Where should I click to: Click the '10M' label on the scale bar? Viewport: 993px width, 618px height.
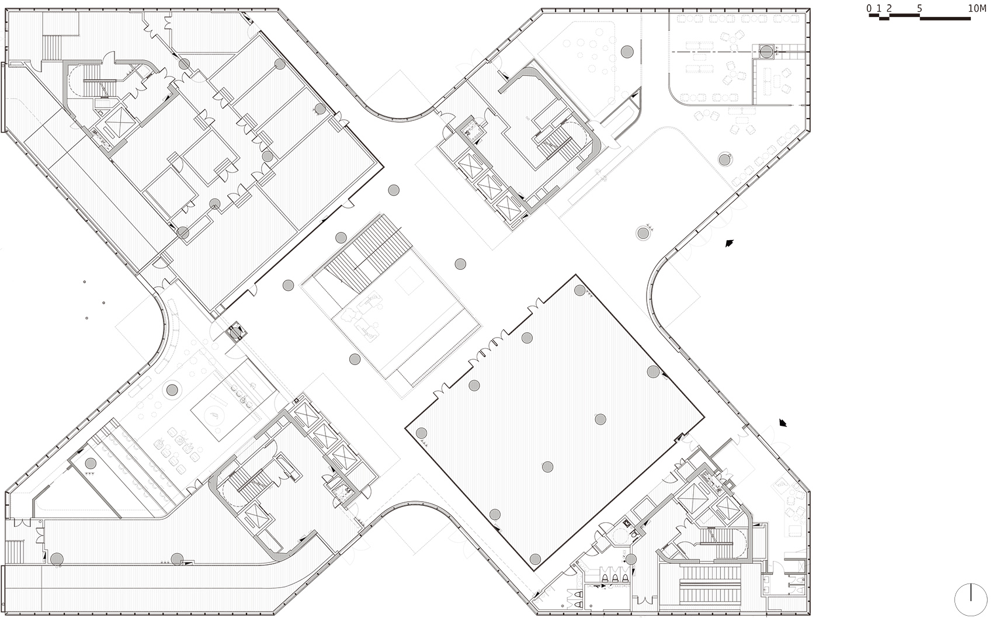(x=977, y=8)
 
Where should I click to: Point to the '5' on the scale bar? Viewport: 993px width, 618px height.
(x=919, y=8)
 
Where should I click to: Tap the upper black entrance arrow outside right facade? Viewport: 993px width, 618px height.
(x=729, y=244)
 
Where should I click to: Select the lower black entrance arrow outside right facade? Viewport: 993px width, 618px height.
(x=783, y=423)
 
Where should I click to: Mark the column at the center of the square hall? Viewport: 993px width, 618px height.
(x=600, y=419)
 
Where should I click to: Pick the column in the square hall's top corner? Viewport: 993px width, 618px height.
(x=579, y=290)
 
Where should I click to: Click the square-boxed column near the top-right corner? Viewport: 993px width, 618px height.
(x=767, y=52)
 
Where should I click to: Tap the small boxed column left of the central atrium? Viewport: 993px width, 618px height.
(x=236, y=334)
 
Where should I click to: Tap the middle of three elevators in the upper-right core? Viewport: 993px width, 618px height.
(x=489, y=185)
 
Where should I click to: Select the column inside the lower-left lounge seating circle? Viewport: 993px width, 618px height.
(x=172, y=390)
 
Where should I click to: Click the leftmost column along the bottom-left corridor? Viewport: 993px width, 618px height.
(x=57, y=559)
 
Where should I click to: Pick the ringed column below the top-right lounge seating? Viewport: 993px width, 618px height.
(x=724, y=159)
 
